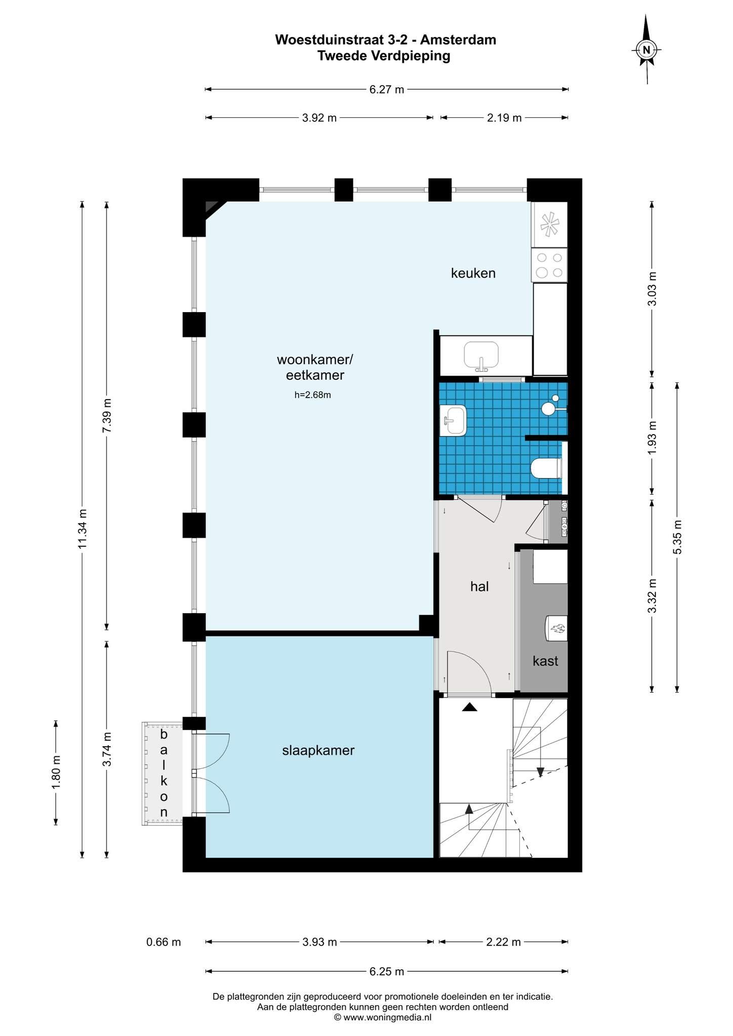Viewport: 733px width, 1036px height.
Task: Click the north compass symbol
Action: [646, 49]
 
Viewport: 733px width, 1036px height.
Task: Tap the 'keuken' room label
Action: [473, 274]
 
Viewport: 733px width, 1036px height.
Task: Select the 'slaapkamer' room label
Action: [318, 751]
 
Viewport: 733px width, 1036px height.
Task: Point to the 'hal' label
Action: [479, 586]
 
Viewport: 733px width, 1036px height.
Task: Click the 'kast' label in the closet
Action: [545, 661]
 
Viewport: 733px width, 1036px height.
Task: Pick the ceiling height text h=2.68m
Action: [313, 395]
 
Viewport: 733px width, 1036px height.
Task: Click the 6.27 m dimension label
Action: [387, 90]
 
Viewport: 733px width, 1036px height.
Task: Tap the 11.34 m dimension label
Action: [83, 529]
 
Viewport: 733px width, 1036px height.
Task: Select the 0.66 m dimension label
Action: [164, 942]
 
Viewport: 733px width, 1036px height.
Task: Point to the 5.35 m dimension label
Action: [678, 537]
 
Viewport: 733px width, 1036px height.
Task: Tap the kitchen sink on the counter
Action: [481, 356]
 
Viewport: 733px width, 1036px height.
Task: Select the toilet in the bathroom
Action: [546, 468]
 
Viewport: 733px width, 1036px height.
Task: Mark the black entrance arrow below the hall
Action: [470, 707]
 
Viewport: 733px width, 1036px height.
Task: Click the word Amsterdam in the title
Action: [458, 39]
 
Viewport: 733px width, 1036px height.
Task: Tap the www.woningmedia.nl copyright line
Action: [383, 1017]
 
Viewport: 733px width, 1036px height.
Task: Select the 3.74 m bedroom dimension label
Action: [107, 749]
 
